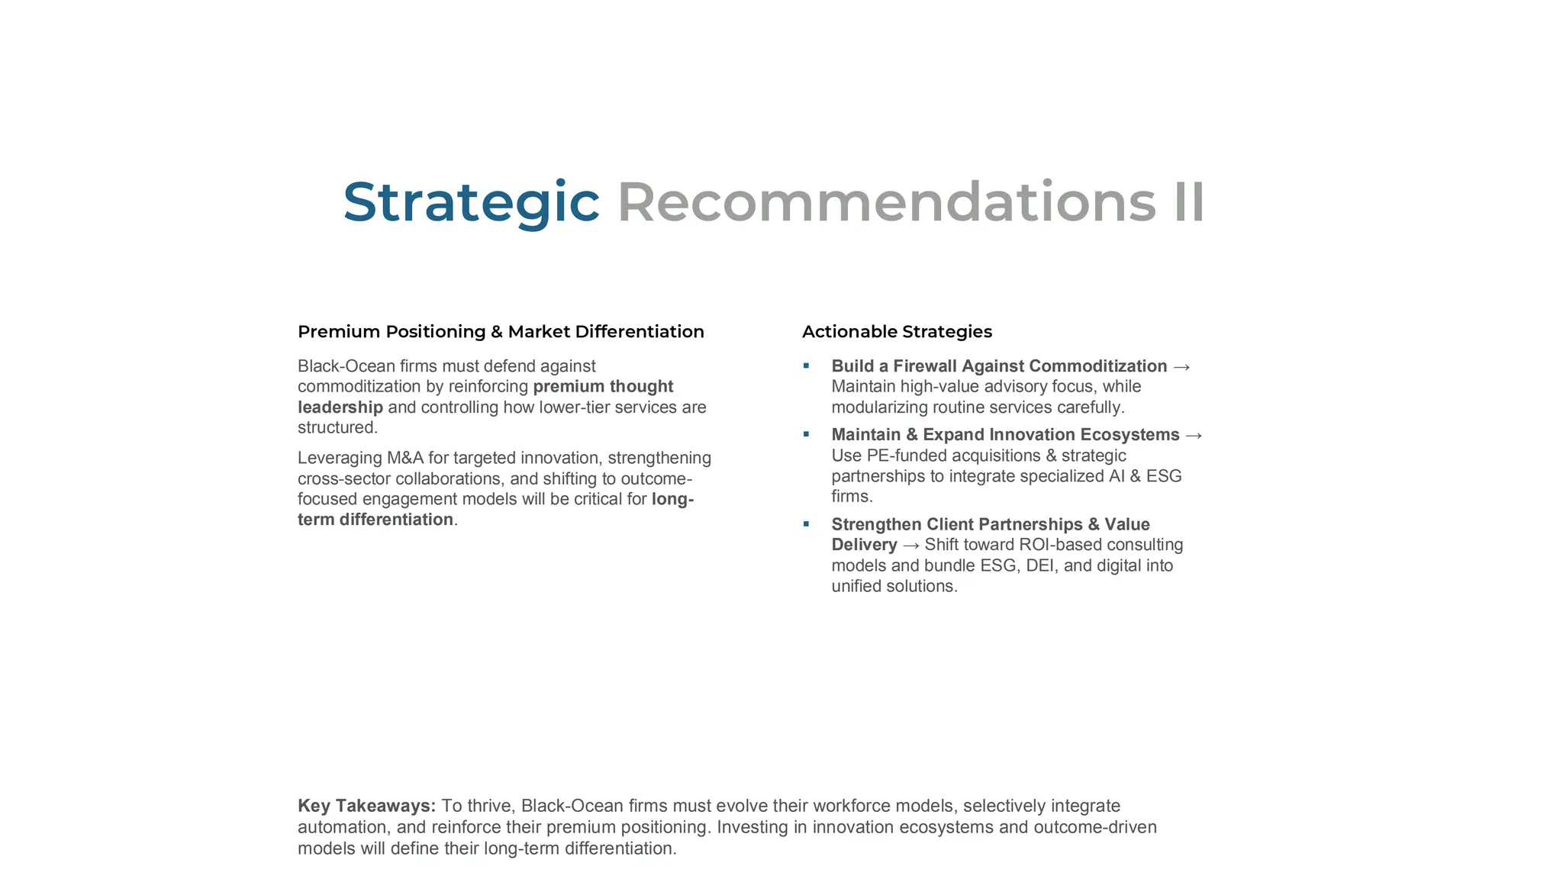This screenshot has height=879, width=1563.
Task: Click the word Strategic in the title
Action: point(471,203)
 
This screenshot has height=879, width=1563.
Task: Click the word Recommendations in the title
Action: point(886,203)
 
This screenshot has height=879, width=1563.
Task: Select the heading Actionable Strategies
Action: point(897,332)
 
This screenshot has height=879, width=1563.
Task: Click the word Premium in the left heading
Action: point(338,332)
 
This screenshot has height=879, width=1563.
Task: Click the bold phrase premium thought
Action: point(603,387)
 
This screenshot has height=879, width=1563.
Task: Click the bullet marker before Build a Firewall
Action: point(806,366)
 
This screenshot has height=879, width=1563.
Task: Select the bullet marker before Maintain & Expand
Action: point(806,435)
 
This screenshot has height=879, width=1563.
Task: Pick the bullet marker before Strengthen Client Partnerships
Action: point(806,524)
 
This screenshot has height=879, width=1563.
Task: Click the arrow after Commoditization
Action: point(1181,367)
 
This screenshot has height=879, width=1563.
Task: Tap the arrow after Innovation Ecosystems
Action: point(1194,436)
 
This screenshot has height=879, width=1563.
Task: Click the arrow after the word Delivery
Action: point(910,546)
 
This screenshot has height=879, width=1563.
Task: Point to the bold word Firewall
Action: point(925,366)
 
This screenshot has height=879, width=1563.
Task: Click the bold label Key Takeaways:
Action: point(366,806)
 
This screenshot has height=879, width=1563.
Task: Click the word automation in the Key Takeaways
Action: point(342,827)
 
